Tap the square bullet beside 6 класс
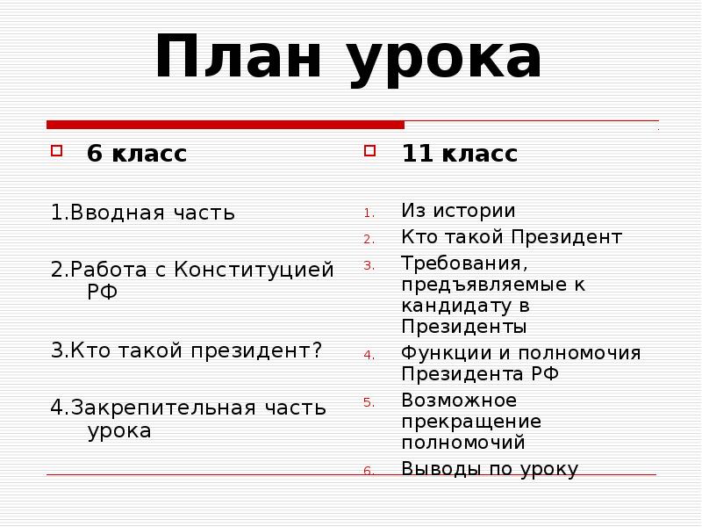pyautogui.click(x=56, y=151)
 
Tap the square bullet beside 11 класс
pyautogui.click(x=369, y=151)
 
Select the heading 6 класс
pyautogui.click(x=136, y=154)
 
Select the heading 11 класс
pyautogui.click(x=459, y=154)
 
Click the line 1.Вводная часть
pyautogui.click(x=142, y=213)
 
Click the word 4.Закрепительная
pyautogui.click(x=152, y=408)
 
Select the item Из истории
pyautogui.click(x=458, y=211)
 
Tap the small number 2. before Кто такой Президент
pyautogui.click(x=369, y=239)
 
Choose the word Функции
pyautogui.click(x=445, y=353)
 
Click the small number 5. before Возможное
pyautogui.click(x=369, y=403)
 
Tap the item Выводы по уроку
pyautogui.click(x=490, y=469)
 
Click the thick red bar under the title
pyautogui.click(x=226, y=125)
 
